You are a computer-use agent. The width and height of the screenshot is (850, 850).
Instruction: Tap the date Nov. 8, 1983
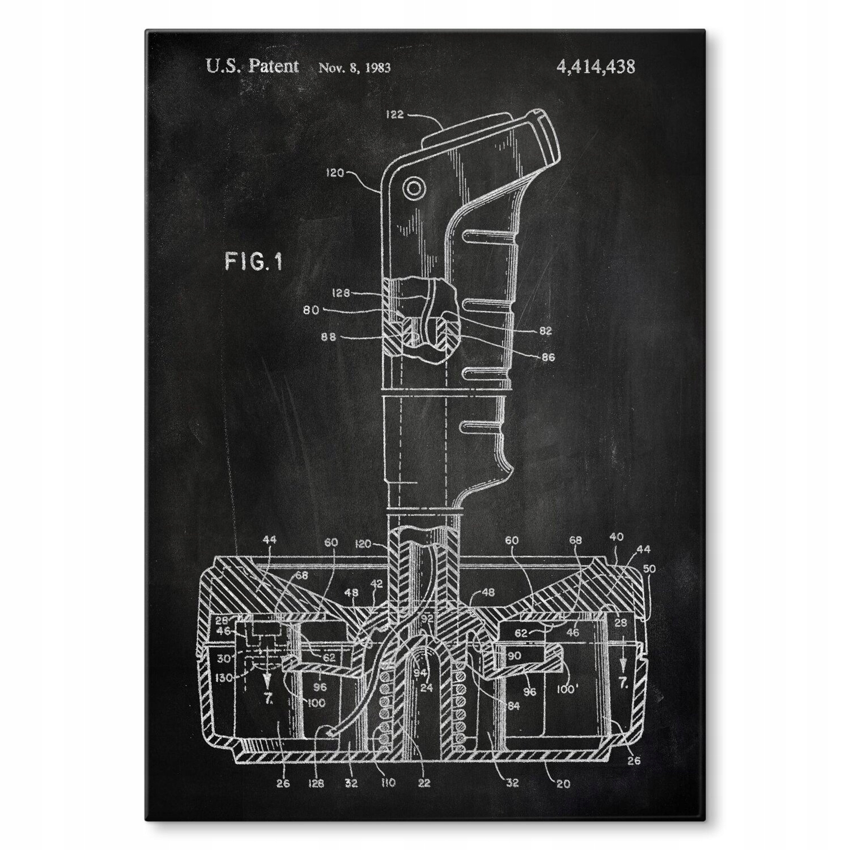[x=354, y=68]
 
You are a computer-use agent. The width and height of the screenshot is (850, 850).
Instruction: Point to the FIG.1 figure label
[x=253, y=262]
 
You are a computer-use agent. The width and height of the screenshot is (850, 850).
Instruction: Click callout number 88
[x=329, y=337]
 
